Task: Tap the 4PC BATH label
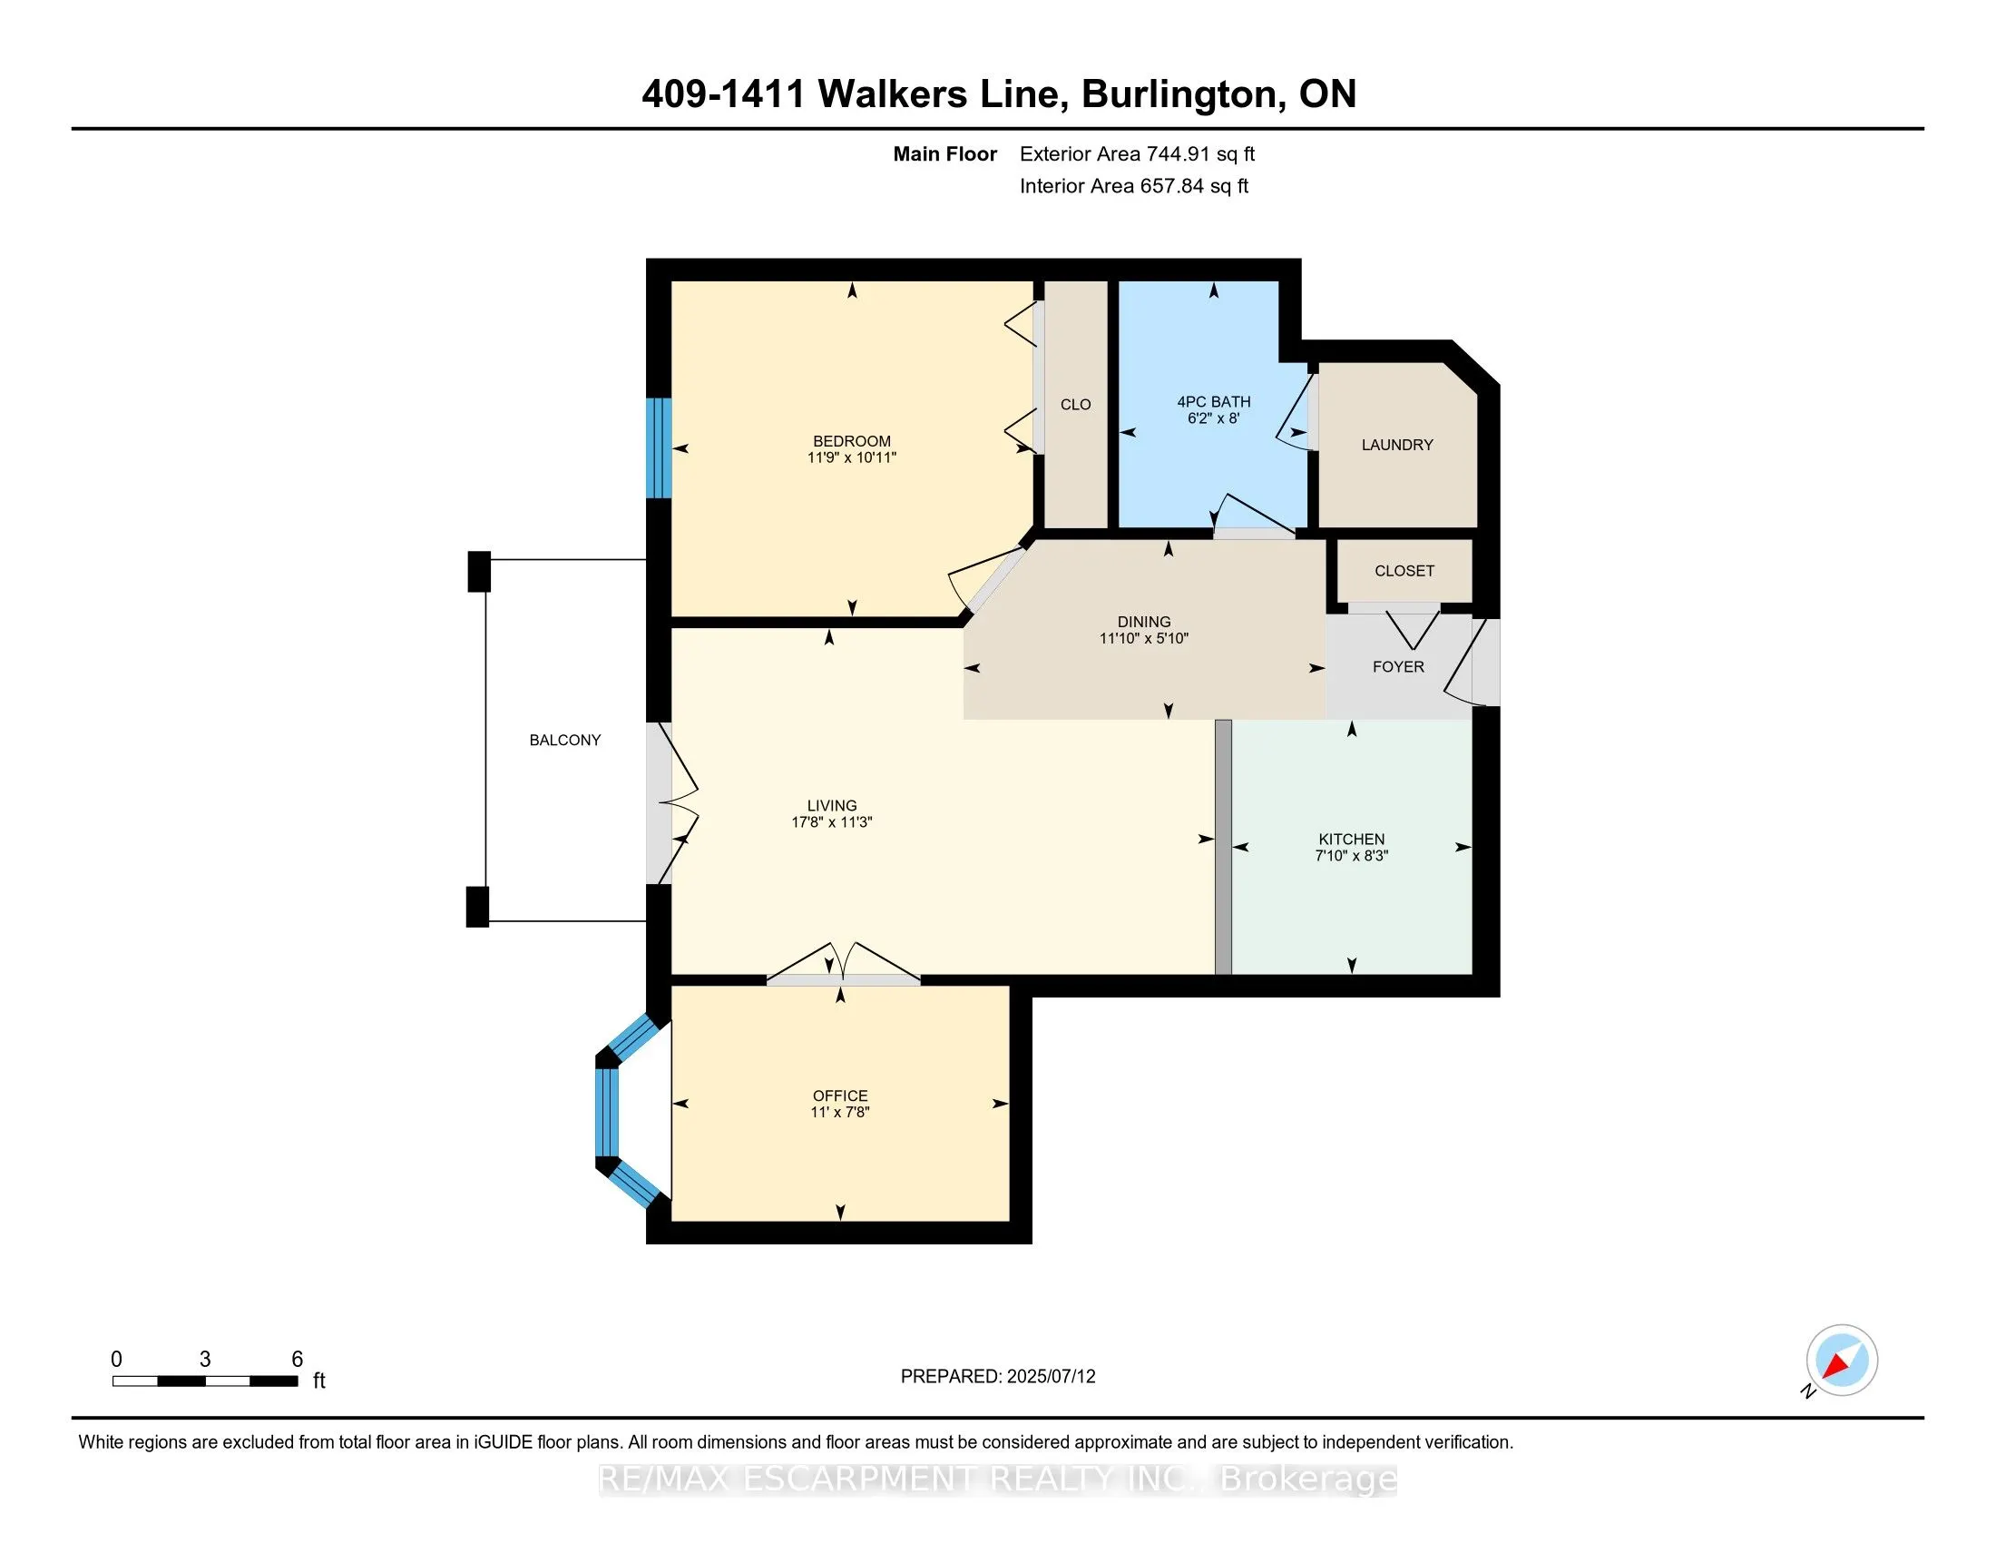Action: (1214, 402)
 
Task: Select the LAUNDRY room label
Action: (1397, 445)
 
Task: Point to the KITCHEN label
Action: (1352, 840)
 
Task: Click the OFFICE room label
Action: (841, 1096)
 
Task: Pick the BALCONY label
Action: (565, 741)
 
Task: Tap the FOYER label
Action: (1398, 667)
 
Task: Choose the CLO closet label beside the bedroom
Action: (1076, 405)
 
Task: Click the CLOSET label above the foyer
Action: (1404, 571)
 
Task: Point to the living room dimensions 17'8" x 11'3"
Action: (832, 822)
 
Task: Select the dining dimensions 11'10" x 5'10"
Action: (1144, 639)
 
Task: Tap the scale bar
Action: (206, 1381)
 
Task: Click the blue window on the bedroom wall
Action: (659, 447)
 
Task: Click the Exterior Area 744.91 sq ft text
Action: (1137, 154)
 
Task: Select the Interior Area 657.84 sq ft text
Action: (1134, 186)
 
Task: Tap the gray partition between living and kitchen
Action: (1223, 848)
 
